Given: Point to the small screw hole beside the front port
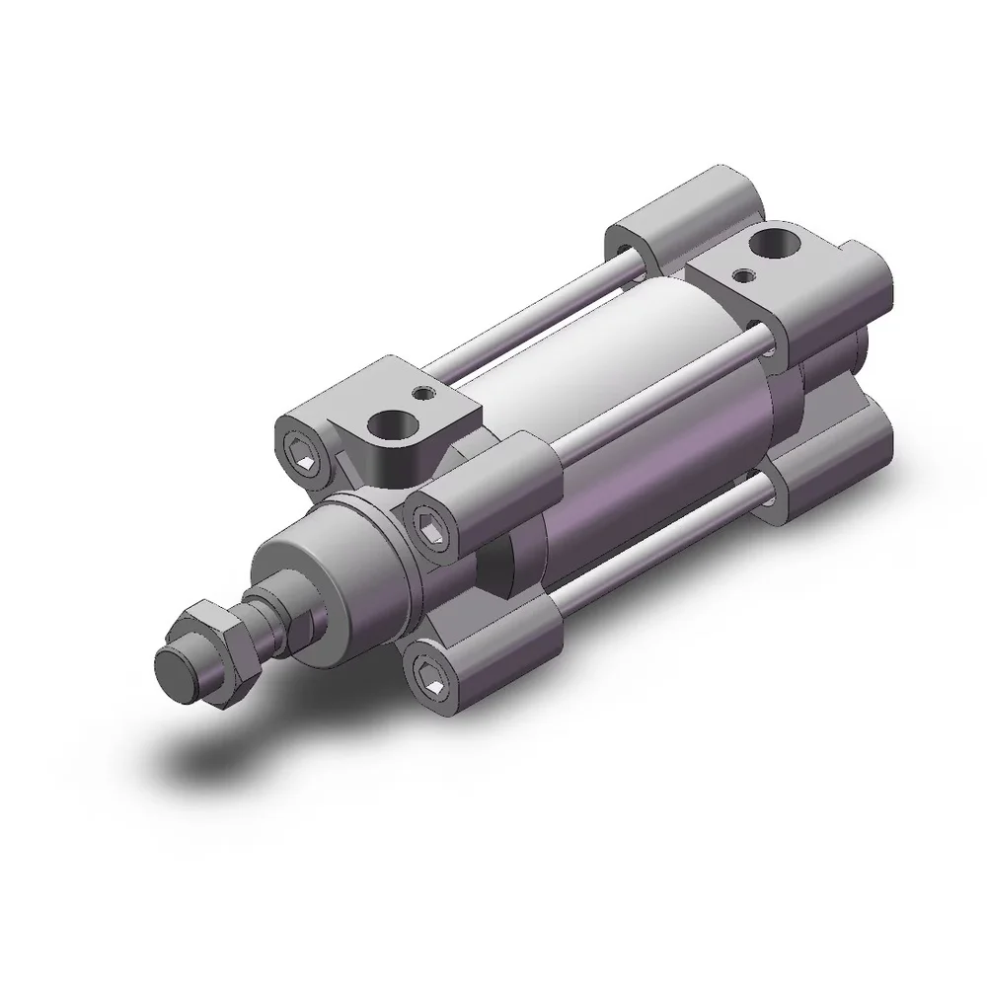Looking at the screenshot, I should pyautogui.click(x=424, y=394).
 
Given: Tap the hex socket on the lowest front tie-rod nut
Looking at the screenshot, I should pyautogui.click(x=427, y=678).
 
